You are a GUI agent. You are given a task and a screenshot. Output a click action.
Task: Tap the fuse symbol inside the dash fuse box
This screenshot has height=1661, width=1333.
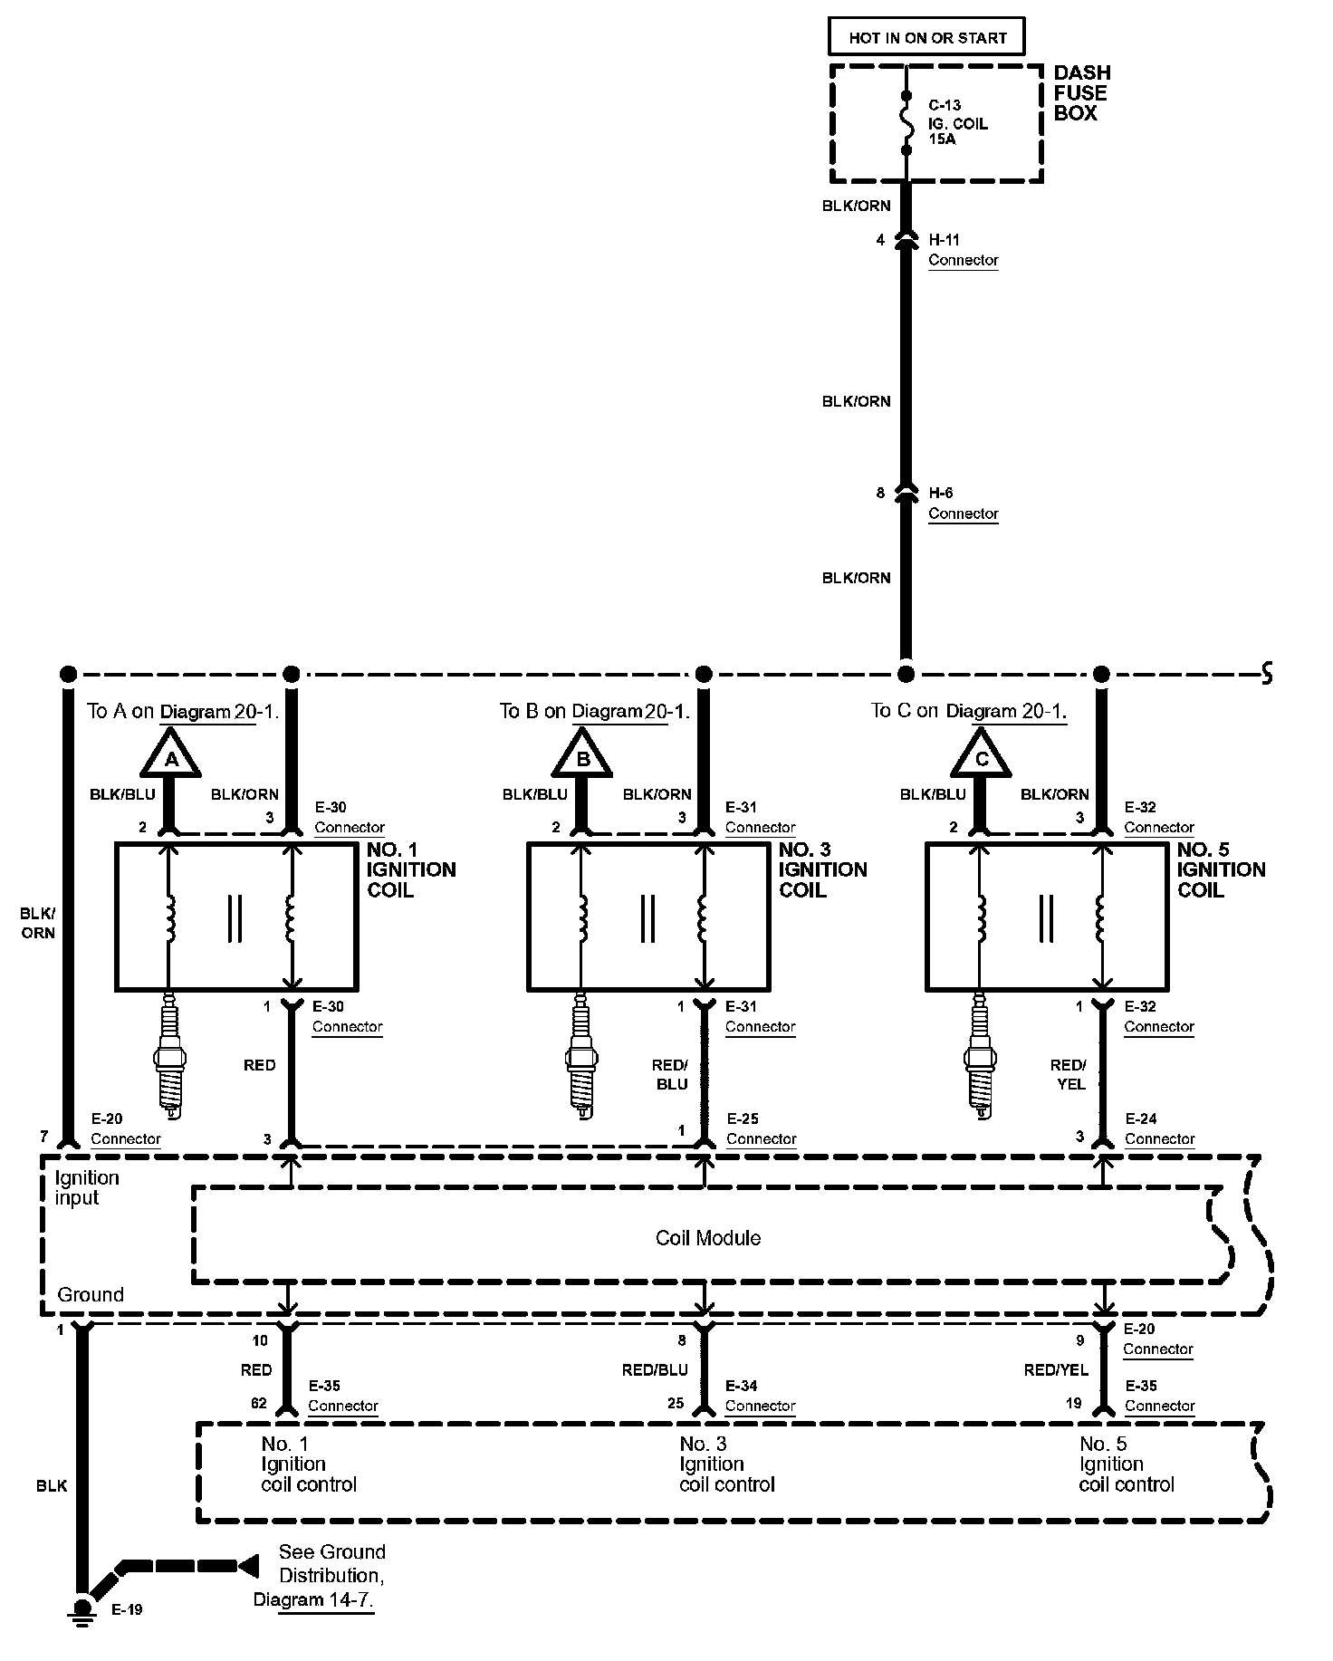click(906, 122)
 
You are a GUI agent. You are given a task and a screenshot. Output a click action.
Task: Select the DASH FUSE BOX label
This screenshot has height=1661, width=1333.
click(1081, 93)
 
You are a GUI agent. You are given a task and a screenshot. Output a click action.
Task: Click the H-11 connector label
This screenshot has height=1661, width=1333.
click(962, 250)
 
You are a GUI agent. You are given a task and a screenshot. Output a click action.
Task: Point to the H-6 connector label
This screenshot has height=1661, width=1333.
click(962, 504)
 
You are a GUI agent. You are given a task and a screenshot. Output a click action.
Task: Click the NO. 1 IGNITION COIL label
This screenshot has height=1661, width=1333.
click(410, 869)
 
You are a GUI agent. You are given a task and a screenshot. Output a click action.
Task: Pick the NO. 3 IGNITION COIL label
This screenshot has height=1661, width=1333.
click(822, 869)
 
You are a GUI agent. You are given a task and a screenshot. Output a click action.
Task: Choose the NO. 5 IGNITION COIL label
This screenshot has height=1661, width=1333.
click(1220, 869)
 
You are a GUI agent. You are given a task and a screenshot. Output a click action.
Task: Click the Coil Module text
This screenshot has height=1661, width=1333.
click(708, 1238)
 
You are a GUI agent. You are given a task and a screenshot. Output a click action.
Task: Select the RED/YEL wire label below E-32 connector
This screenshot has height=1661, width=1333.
click(1069, 1074)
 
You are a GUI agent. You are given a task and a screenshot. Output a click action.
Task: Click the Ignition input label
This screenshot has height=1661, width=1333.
click(86, 1187)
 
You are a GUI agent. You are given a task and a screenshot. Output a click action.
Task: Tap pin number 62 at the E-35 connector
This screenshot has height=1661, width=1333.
click(259, 1404)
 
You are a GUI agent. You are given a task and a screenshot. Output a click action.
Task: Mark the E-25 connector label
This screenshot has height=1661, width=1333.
click(760, 1128)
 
